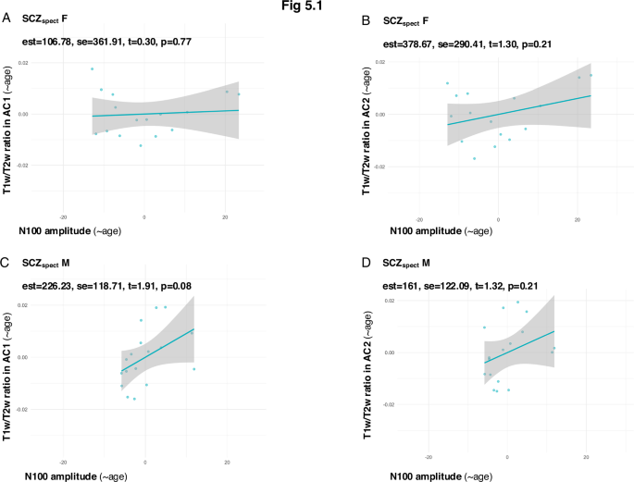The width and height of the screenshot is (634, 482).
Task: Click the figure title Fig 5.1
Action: [x=317, y=6]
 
